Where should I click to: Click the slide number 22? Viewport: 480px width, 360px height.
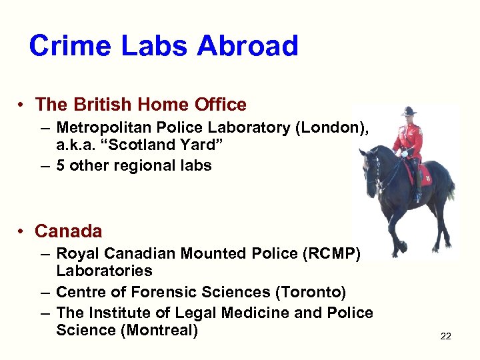(445, 336)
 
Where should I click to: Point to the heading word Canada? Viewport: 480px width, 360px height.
(69, 231)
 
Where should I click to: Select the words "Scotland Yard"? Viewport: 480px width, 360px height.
(159, 146)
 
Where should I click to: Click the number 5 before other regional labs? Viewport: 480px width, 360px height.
(61, 165)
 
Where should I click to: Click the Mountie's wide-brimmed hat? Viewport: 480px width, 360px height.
(408, 111)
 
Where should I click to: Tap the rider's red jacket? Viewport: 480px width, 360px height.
(407, 136)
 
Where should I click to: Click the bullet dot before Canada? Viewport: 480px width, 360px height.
(22, 232)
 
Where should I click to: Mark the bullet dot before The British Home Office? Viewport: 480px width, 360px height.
(22, 105)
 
